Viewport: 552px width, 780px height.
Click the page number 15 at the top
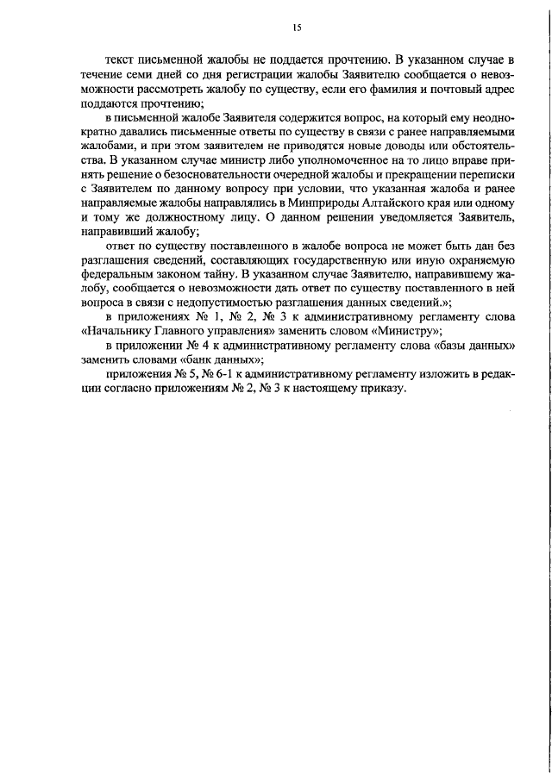click(296, 28)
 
